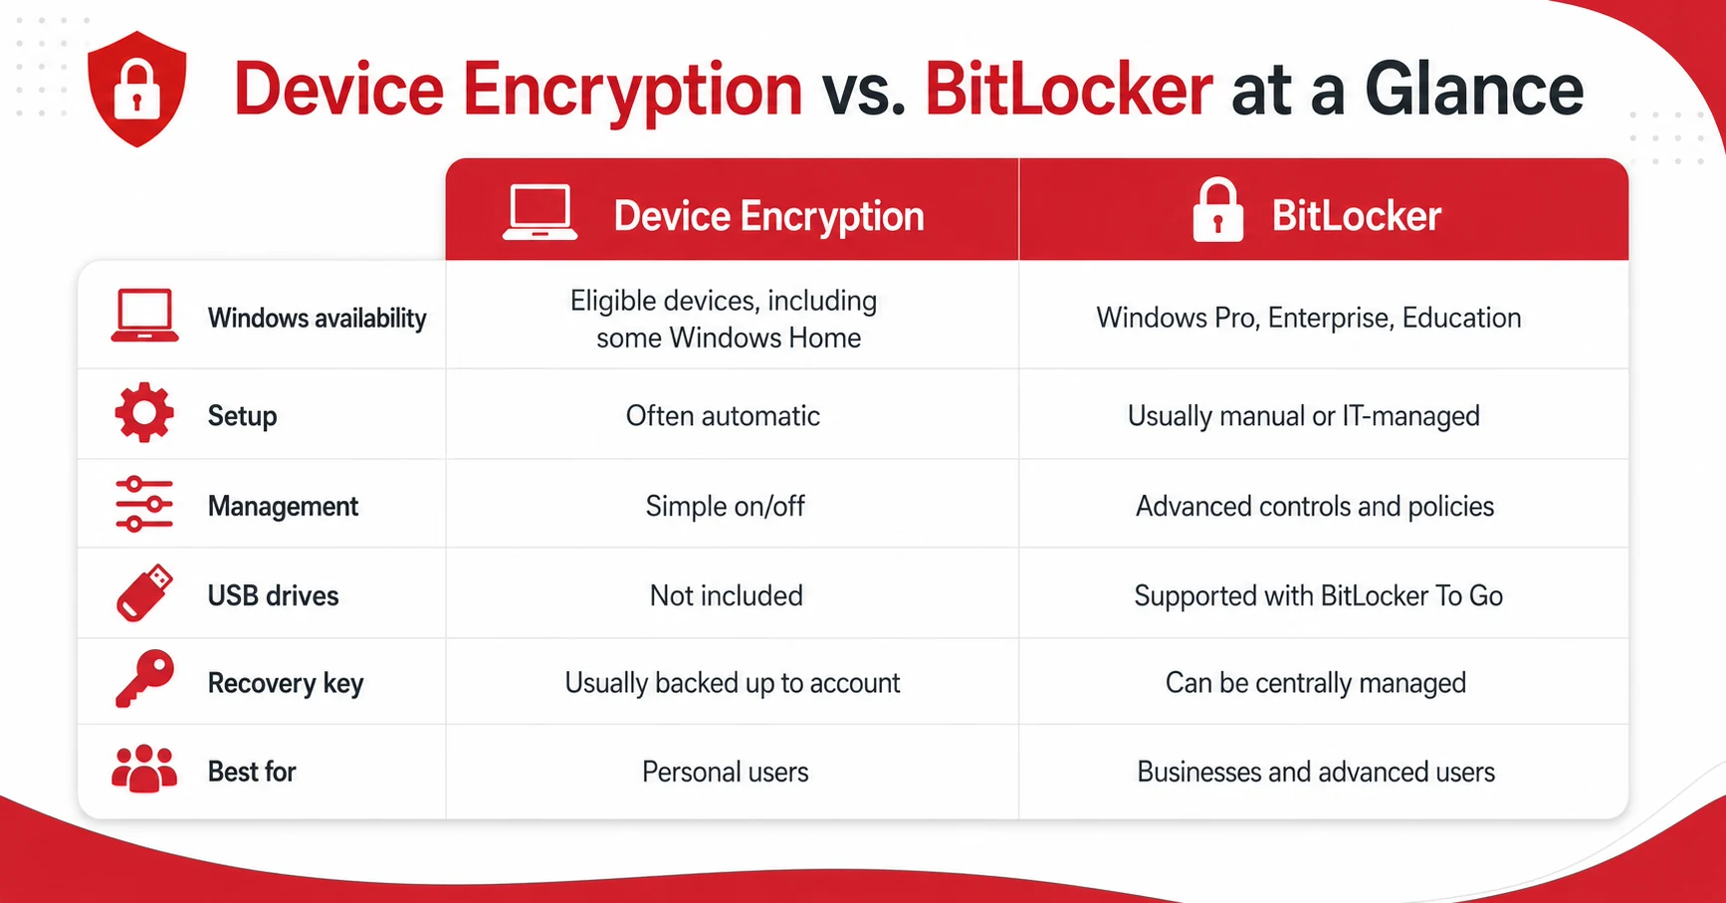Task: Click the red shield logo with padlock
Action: pyautogui.click(x=137, y=89)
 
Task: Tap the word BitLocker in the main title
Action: pyautogui.click(x=1068, y=89)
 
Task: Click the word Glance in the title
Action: pyautogui.click(x=1473, y=89)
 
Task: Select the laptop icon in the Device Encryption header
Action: pyautogui.click(x=539, y=212)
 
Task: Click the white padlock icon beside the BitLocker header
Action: pyautogui.click(x=1218, y=210)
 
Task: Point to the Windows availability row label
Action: pyautogui.click(x=317, y=318)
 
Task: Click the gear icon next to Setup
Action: pyautogui.click(x=144, y=412)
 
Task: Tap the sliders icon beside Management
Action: pyautogui.click(x=144, y=504)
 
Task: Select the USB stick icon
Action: pyautogui.click(x=144, y=593)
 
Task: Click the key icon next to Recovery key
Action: pyautogui.click(x=144, y=680)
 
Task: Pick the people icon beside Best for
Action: pyautogui.click(x=144, y=769)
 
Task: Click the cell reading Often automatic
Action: pyautogui.click(x=723, y=415)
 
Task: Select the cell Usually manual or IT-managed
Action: pyautogui.click(x=1304, y=416)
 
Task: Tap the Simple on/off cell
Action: pyautogui.click(x=725, y=506)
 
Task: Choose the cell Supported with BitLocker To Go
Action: pyautogui.click(x=1318, y=595)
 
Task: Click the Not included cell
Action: pyautogui.click(x=726, y=595)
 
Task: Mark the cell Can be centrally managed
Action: pyautogui.click(x=1315, y=683)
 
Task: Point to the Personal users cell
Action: pyautogui.click(x=725, y=772)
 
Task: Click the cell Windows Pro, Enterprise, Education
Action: pyautogui.click(x=1309, y=318)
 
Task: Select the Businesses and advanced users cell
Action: pyautogui.click(x=1316, y=772)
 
